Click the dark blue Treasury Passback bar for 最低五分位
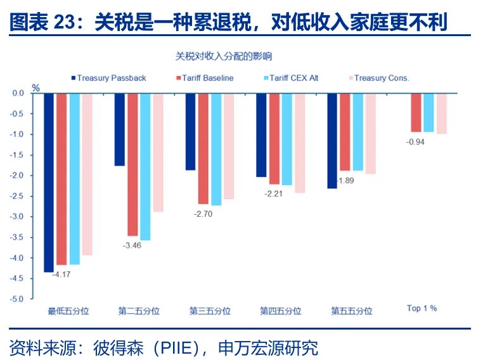click(x=49, y=183)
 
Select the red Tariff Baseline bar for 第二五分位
click(x=132, y=164)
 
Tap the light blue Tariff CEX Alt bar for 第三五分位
click(x=216, y=149)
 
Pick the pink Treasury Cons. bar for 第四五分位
click(x=300, y=143)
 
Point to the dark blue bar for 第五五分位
click(x=332, y=141)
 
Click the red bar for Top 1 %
click(x=416, y=112)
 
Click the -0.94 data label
click(x=415, y=141)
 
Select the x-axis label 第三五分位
click(x=210, y=311)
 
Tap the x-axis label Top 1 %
click(x=422, y=308)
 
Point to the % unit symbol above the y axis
click(x=36, y=87)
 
